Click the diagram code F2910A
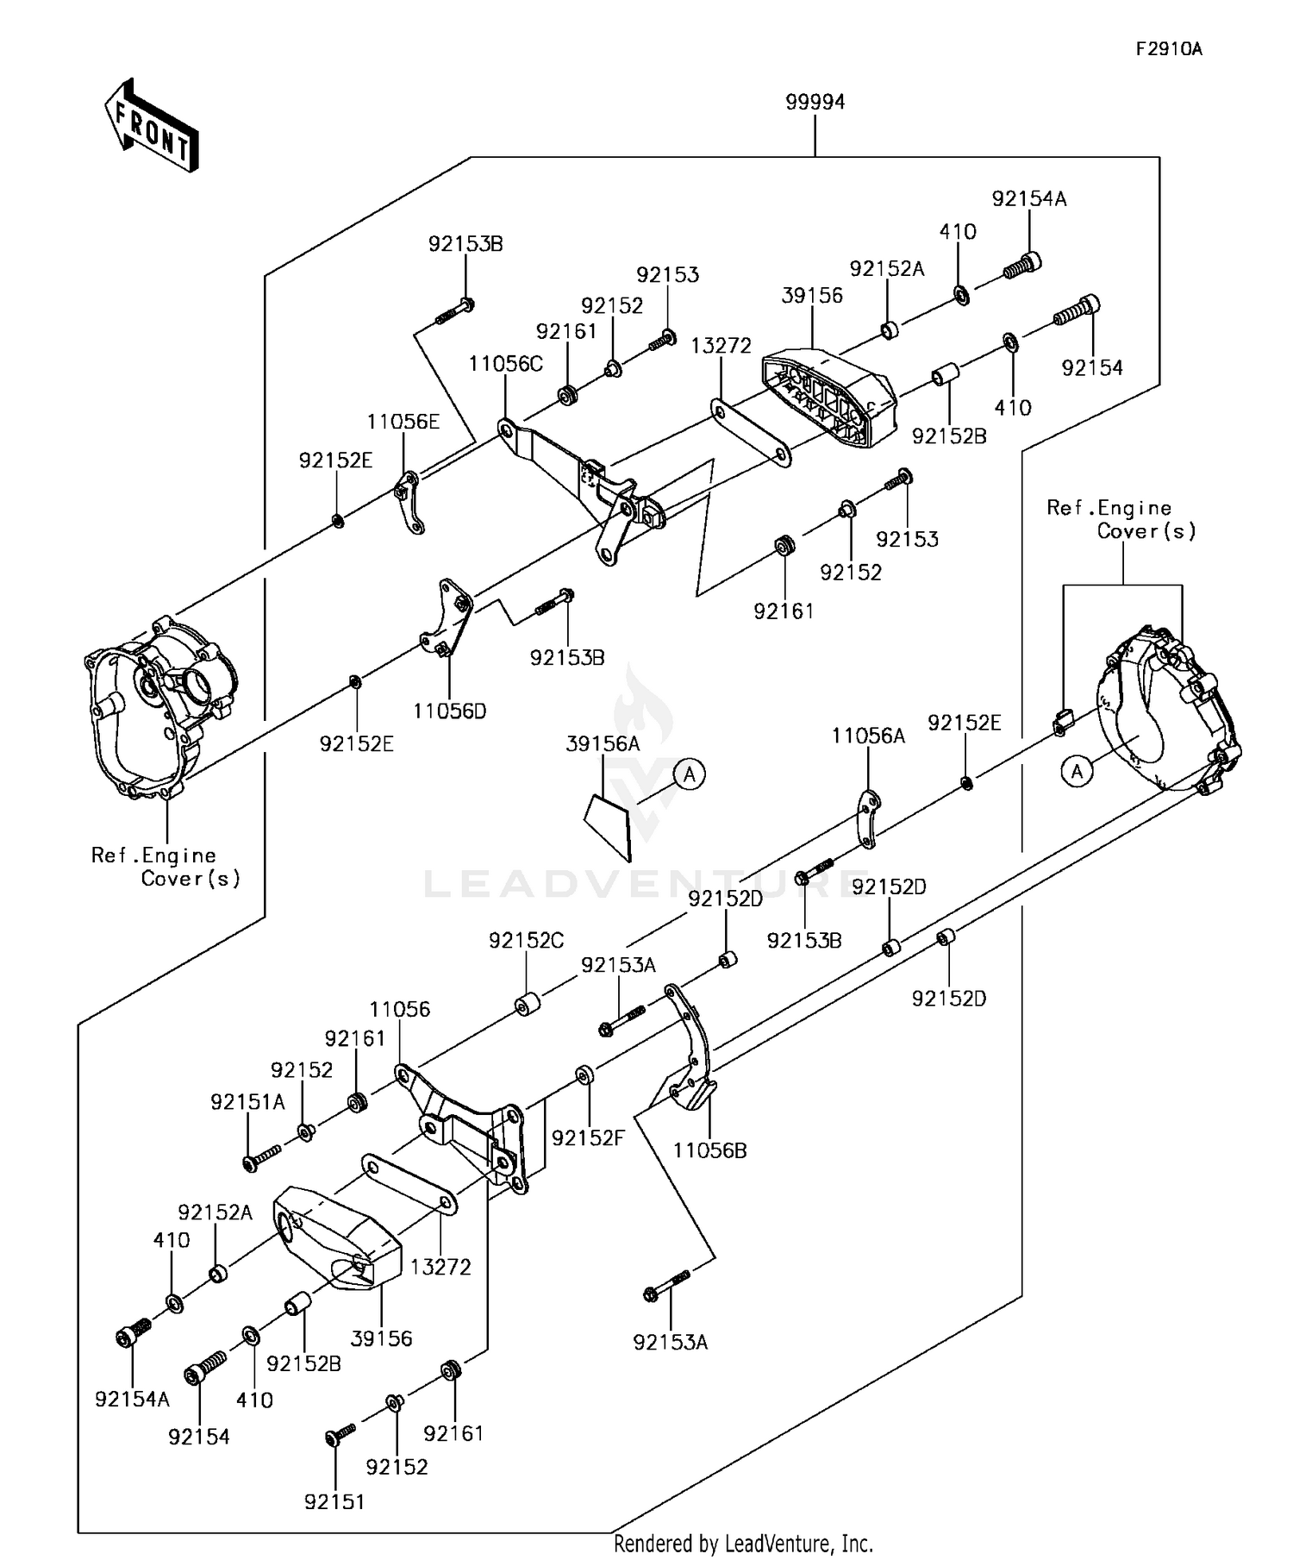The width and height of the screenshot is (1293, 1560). point(1168,49)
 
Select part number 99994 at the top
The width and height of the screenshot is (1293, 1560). point(815,102)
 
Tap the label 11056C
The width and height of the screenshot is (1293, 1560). point(505,364)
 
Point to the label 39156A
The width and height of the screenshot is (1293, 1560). point(603,743)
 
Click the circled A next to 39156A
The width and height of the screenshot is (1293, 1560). point(690,774)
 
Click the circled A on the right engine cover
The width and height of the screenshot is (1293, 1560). point(1077,771)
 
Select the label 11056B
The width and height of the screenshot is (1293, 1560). point(709,1150)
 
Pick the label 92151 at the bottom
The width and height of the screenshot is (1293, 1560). point(334,1501)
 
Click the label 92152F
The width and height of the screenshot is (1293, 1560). point(587,1137)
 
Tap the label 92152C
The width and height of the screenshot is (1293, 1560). point(526,940)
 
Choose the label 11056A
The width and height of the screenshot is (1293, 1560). point(868,736)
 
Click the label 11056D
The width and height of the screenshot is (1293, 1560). point(449,711)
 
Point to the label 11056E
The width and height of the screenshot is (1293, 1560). point(403,422)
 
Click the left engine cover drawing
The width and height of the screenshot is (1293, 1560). point(159,707)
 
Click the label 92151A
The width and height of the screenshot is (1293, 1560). point(247,1102)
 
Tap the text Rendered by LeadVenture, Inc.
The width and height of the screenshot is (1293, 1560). point(742,1543)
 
